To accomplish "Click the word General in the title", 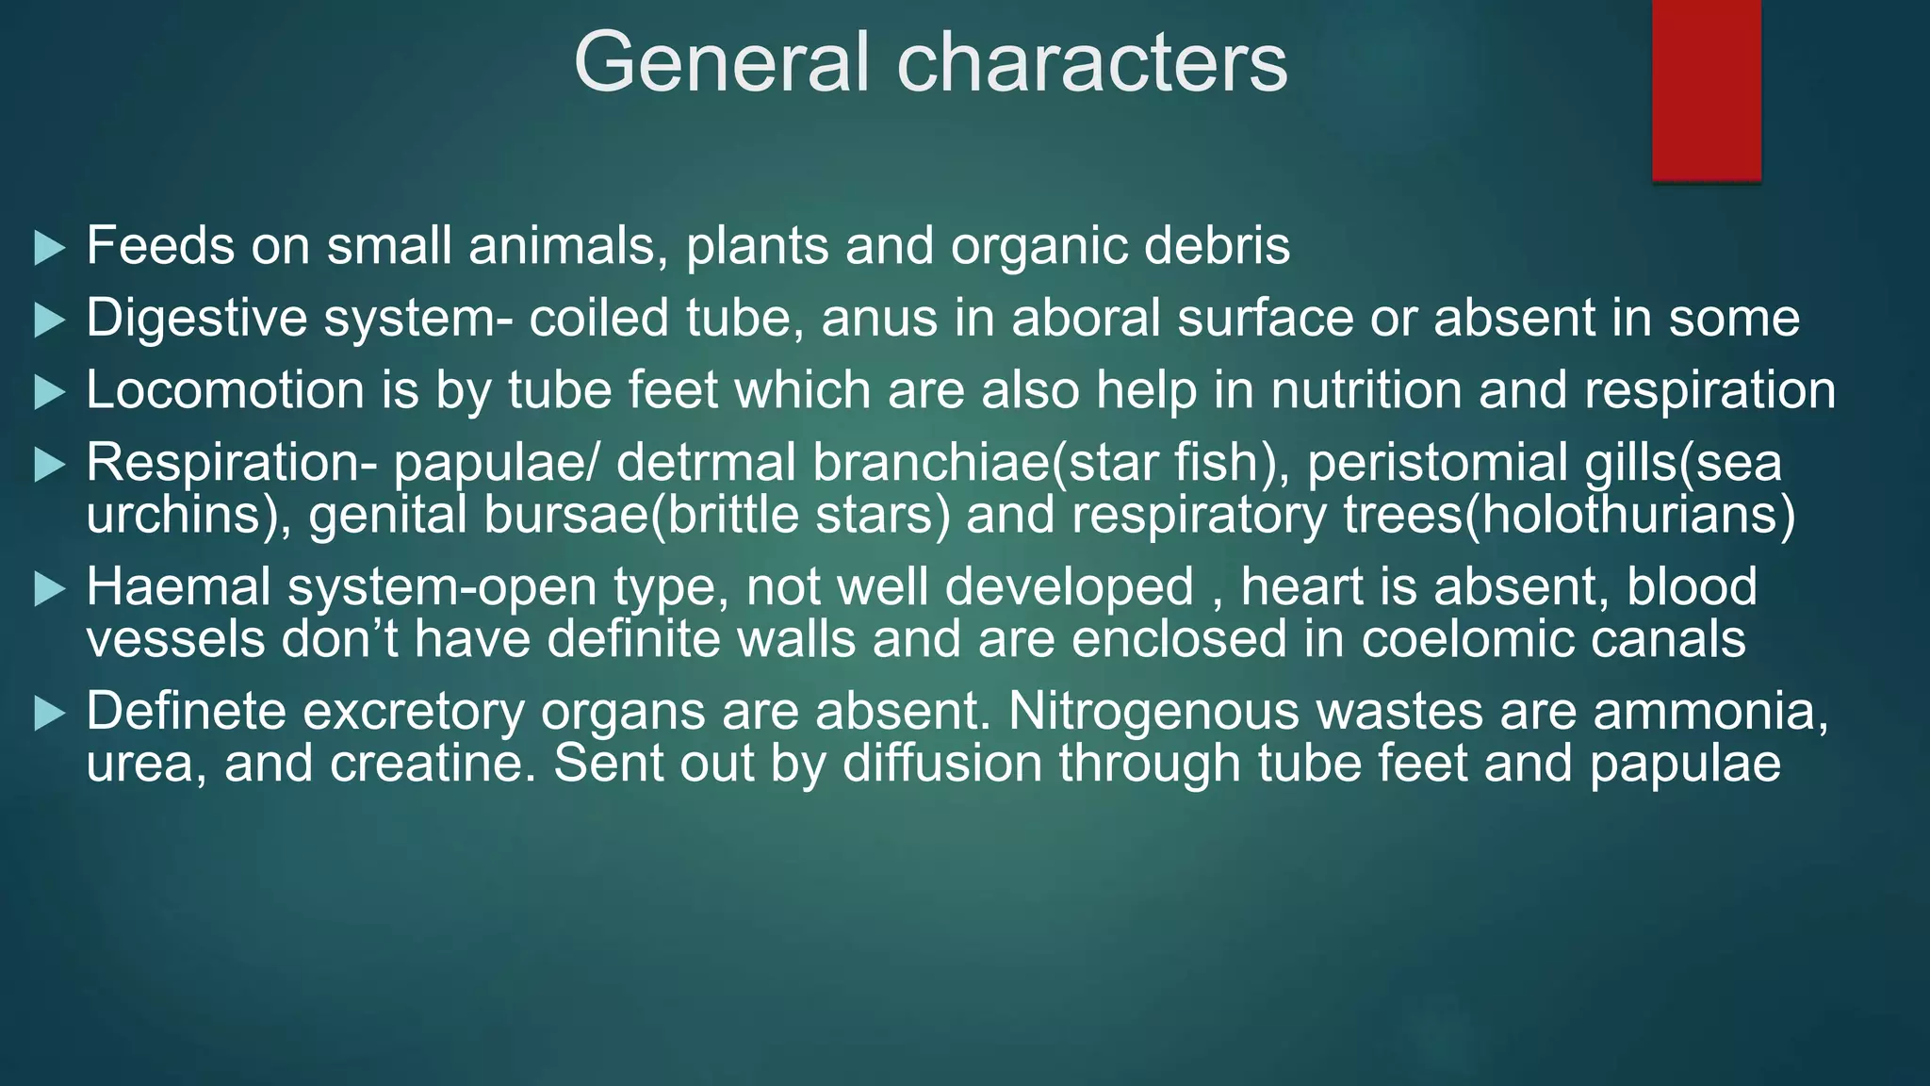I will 721,62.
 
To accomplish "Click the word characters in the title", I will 1092,62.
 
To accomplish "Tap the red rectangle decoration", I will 1706,90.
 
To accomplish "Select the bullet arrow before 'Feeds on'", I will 49,248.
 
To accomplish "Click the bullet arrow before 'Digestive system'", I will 49,321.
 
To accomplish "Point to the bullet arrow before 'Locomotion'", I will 49,392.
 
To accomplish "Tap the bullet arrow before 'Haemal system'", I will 49,589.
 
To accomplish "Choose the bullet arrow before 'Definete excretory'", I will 49,713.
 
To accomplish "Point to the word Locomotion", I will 225,390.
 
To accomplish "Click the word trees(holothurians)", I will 1569,515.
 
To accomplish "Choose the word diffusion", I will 942,763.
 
